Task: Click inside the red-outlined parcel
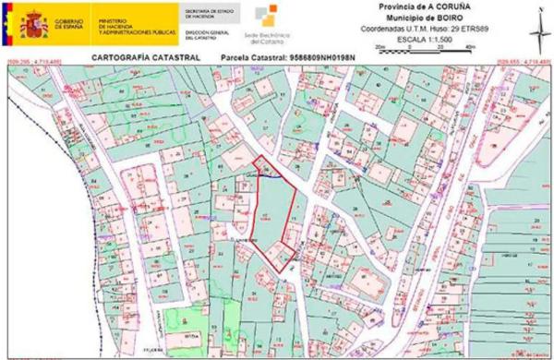tap(273, 217)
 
